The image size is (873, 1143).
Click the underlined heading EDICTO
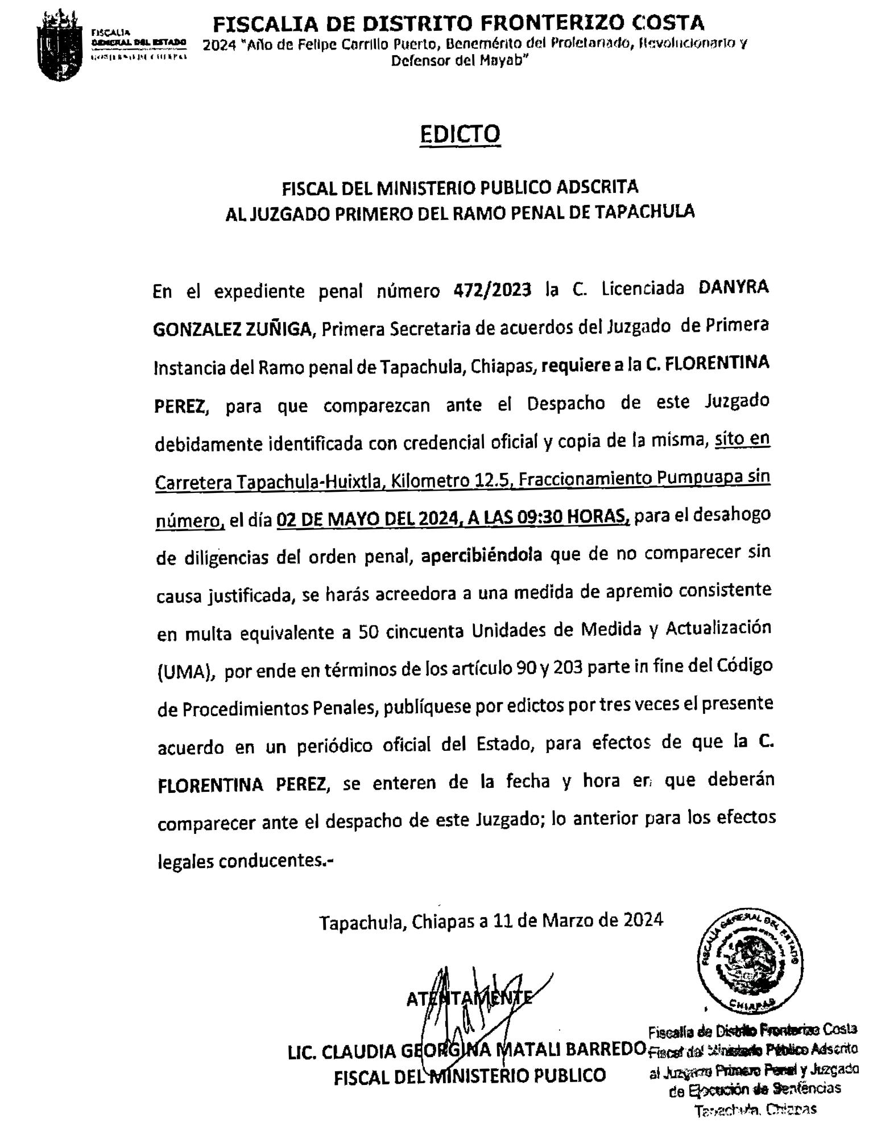tap(460, 134)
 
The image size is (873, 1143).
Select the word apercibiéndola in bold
tap(482, 555)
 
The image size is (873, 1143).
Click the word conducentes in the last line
tap(271, 861)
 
